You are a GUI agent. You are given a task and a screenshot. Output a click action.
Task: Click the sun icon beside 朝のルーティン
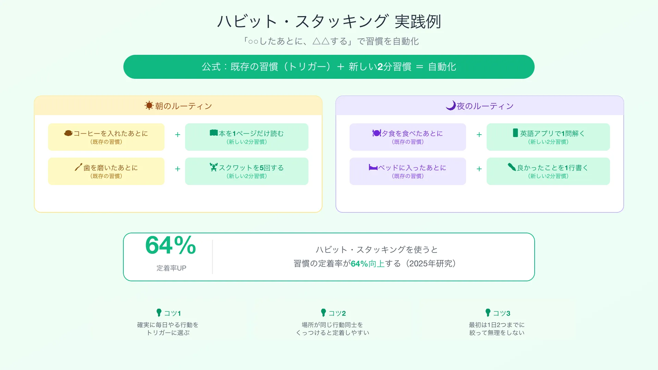[149, 106]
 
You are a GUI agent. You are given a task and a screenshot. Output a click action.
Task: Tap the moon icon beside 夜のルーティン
[451, 105]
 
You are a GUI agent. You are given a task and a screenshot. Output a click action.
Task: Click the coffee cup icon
[68, 133]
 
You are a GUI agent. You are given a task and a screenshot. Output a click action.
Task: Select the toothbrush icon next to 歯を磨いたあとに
[78, 167]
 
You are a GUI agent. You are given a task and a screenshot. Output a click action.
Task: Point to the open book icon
[214, 133]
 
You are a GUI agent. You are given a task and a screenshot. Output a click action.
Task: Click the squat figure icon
[214, 167]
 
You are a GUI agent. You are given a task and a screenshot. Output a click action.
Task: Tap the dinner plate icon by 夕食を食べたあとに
[377, 133]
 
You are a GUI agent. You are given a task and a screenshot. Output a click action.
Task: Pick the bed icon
[373, 167]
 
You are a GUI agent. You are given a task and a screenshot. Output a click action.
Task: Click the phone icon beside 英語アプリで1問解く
[515, 133]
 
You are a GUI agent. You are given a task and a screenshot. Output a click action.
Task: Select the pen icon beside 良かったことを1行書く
[512, 167]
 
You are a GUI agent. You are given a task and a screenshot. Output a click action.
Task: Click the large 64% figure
[171, 245]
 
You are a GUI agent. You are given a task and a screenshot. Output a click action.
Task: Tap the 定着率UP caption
[171, 268]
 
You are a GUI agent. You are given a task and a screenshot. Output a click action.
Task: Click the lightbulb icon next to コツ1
[159, 312]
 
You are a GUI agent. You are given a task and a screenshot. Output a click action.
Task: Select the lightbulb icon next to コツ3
[488, 312]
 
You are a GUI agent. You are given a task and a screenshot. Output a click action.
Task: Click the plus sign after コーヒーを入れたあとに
[178, 135]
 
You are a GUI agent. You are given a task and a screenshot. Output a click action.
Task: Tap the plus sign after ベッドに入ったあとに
[479, 169]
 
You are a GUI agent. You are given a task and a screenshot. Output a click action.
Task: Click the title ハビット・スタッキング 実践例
[329, 22]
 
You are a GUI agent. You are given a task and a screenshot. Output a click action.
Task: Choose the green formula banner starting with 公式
[329, 67]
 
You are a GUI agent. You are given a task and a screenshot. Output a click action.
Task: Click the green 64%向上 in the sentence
[367, 263]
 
